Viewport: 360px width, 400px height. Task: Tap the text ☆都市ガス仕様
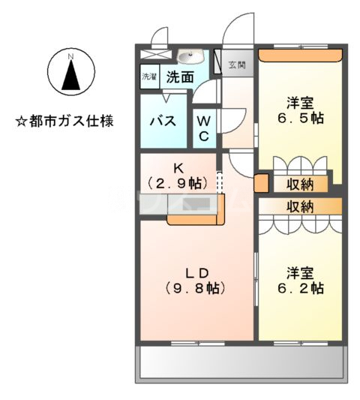(64, 120)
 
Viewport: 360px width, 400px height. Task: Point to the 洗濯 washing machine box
(149, 77)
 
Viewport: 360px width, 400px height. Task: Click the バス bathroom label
(164, 120)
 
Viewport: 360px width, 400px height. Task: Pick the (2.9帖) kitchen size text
(176, 183)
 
